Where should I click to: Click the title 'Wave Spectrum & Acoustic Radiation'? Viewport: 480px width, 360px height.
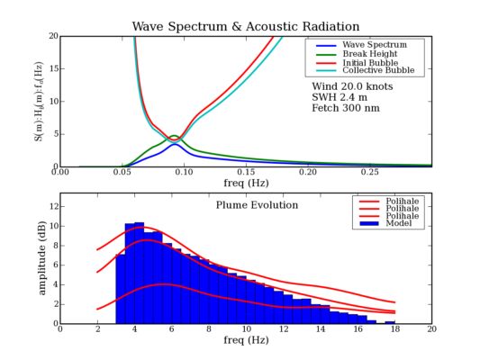click(x=246, y=27)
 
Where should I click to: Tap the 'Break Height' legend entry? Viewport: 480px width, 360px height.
click(x=369, y=53)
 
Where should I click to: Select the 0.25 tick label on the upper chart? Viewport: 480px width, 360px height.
click(x=370, y=173)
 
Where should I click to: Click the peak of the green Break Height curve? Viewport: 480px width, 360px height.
click(x=174, y=137)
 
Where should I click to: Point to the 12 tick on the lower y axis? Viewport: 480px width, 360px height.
click(x=51, y=207)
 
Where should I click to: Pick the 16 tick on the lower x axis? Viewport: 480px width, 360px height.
click(x=358, y=329)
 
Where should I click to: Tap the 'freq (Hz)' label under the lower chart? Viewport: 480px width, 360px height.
click(x=246, y=342)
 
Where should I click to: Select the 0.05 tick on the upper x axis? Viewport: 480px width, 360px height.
click(x=122, y=173)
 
